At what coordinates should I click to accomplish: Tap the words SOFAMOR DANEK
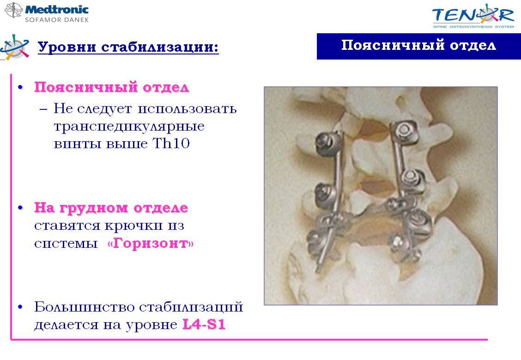coord(57,20)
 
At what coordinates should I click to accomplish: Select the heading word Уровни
coord(67,47)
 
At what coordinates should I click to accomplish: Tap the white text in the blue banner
coord(418,45)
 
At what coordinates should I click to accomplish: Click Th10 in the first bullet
coord(171,144)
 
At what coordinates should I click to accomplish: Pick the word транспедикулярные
coord(129,126)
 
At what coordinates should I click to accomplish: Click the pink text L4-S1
coord(204,324)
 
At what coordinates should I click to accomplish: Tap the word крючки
coord(134,226)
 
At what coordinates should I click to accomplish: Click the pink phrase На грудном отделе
coord(111,208)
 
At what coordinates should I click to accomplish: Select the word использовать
coord(187,109)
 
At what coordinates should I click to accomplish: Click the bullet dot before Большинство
coord(21,307)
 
